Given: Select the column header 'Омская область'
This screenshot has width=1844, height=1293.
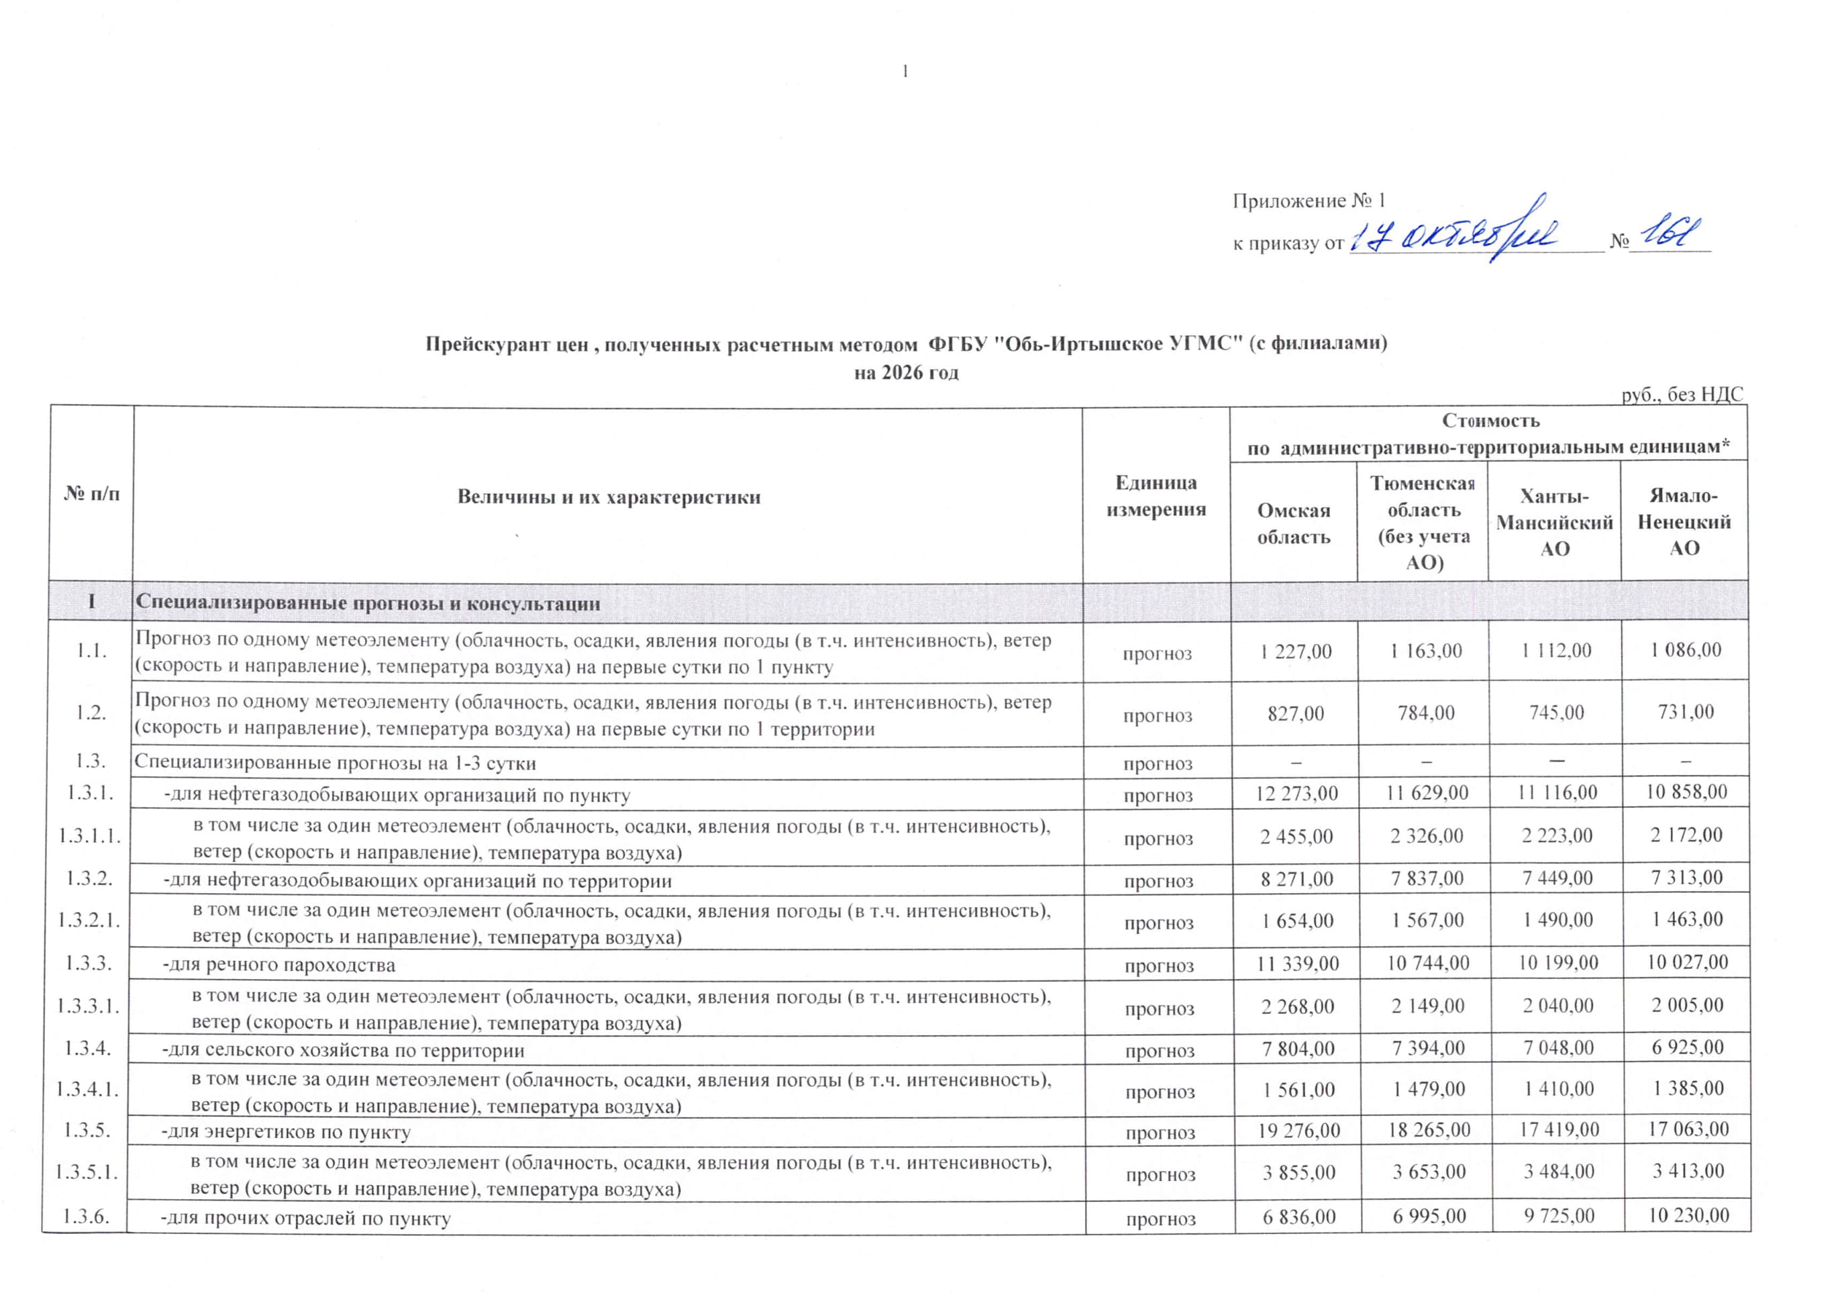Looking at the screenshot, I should pyautogui.click(x=1293, y=523).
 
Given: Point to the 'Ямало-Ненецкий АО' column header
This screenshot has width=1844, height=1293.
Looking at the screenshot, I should pyautogui.click(x=1684, y=522).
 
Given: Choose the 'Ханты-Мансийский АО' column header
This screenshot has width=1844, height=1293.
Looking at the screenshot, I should pyautogui.click(x=1554, y=522).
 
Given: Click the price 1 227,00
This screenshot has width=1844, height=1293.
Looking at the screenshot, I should pyautogui.click(x=1296, y=650).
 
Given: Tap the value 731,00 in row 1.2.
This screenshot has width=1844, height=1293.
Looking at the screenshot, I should pyautogui.click(x=1685, y=711).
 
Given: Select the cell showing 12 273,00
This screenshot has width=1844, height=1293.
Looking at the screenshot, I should pyautogui.click(x=1296, y=792).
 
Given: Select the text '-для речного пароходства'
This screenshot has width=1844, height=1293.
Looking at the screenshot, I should pyautogui.click(x=278, y=964).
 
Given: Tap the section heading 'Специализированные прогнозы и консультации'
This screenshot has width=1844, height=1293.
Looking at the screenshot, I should pyautogui.click(x=368, y=603).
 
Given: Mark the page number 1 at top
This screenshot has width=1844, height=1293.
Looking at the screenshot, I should pyautogui.click(x=905, y=72).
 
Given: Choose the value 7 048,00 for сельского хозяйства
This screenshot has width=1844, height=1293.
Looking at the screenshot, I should pyautogui.click(x=1557, y=1047).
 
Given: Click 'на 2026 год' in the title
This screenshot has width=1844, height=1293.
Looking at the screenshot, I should pyautogui.click(x=906, y=372).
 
